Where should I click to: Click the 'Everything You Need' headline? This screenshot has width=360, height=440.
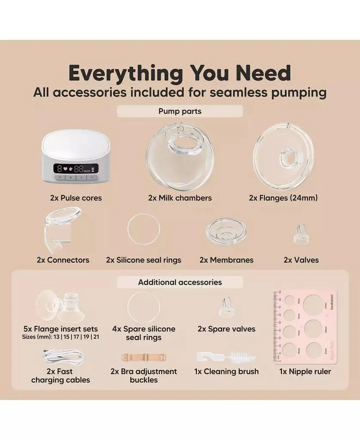(x=180, y=73)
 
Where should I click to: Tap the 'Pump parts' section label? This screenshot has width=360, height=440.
(x=180, y=111)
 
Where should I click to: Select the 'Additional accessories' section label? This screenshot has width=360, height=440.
(x=180, y=282)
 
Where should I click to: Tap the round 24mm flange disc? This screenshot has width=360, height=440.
(x=283, y=154)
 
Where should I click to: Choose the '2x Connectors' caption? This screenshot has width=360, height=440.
(x=63, y=260)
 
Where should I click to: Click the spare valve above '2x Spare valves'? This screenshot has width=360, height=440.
(x=226, y=308)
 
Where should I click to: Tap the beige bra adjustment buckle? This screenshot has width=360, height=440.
(x=143, y=357)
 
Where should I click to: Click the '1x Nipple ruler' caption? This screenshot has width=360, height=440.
(x=305, y=372)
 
